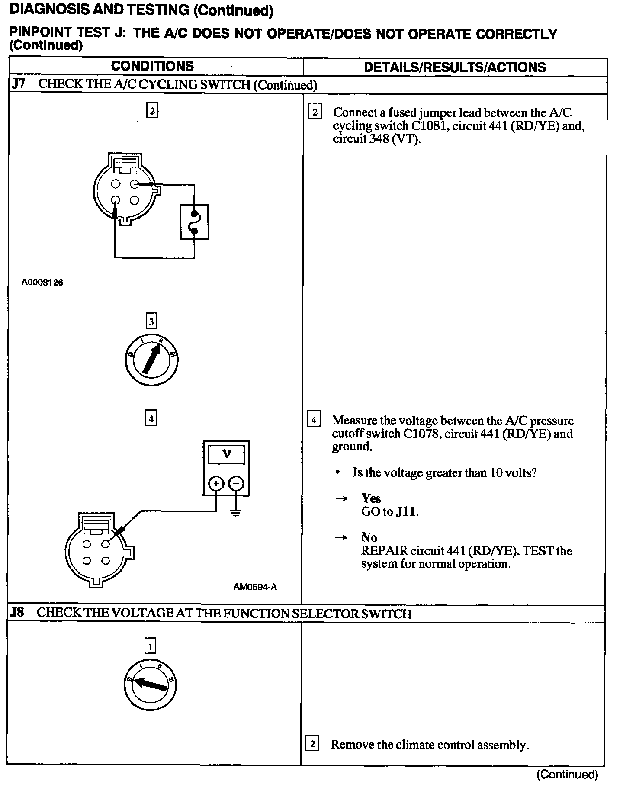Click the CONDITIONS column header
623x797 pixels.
tap(152, 66)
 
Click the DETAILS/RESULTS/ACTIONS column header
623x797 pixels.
tap(455, 67)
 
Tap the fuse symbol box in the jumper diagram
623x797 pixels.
tap(194, 222)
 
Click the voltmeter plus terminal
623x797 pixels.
tap(216, 483)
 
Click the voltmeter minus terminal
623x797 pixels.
tap(236, 483)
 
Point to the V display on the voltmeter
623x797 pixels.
tap(226, 454)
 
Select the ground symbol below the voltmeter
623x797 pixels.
tap(236, 514)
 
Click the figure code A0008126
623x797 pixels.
tap(42, 283)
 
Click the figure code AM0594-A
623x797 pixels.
tap(255, 587)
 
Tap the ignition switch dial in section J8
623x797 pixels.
tap(150, 685)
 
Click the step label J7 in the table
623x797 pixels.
tap(18, 84)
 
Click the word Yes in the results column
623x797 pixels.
tap(371, 498)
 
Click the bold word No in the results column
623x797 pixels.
tap(369, 537)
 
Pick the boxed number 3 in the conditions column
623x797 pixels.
tap(151, 321)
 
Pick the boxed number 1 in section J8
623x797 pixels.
tap(150, 647)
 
